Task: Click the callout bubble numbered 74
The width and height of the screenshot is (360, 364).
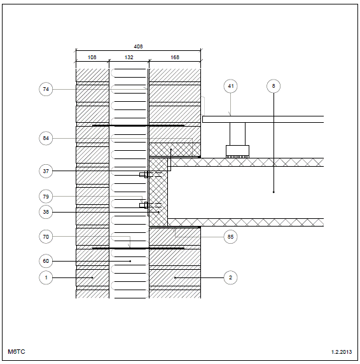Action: pos(46,89)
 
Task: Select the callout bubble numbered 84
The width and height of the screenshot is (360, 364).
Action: pos(46,138)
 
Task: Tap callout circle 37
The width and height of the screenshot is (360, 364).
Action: pos(46,171)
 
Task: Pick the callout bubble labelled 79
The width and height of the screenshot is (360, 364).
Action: pos(46,197)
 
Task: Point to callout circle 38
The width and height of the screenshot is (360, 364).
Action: pos(46,212)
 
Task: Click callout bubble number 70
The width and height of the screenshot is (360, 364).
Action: pos(46,237)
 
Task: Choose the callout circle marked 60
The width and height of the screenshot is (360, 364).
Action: pos(46,261)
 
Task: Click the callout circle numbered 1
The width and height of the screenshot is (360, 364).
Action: pos(46,277)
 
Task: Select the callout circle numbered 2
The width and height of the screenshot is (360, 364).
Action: pos(231,277)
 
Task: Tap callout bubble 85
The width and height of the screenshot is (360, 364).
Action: pos(231,237)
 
